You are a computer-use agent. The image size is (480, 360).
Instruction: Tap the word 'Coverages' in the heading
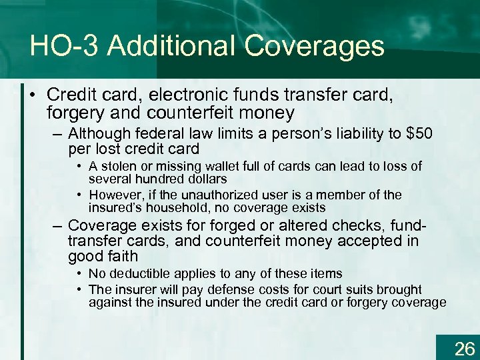coord(315,46)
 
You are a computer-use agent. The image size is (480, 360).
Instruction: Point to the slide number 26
coord(464,347)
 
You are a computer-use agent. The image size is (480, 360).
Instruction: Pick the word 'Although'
coord(100,134)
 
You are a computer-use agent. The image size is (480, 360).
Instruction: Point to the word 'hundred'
coord(155,179)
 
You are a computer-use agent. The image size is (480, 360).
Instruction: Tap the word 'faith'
coord(123,256)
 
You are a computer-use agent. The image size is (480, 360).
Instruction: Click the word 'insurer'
coord(132,290)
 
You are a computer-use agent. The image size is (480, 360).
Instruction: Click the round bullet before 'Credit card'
coord(32,95)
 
